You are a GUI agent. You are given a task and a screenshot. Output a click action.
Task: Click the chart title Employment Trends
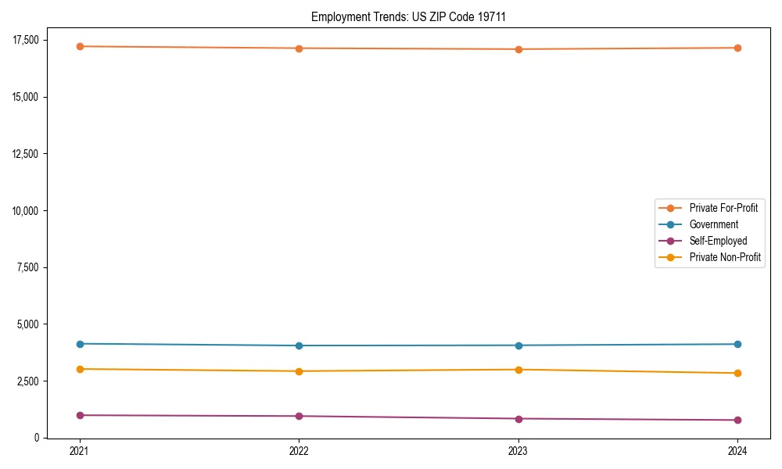tap(408, 16)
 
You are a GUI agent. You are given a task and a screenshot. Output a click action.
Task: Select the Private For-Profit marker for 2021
tap(80, 46)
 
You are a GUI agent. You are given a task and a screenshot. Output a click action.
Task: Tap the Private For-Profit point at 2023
tap(518, 49)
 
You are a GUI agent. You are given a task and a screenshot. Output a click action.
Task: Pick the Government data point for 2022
tap(299, 345)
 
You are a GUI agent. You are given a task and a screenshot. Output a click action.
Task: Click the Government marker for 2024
tap(737, 344)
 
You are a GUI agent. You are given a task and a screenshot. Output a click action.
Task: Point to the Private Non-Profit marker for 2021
tap(80, 369)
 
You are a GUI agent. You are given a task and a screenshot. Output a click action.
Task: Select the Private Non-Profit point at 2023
tap(518, 370)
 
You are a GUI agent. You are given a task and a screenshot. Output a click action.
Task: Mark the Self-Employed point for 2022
tap(299, 416)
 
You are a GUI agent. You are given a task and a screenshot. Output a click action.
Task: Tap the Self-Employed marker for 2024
tap(737, 420)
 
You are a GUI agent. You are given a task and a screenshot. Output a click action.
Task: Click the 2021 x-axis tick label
tap(80, 450)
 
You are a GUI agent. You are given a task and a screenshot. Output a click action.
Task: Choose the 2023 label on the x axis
tap(518, 450)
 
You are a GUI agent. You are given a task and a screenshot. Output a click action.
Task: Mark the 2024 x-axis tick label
tap(737, 450)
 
